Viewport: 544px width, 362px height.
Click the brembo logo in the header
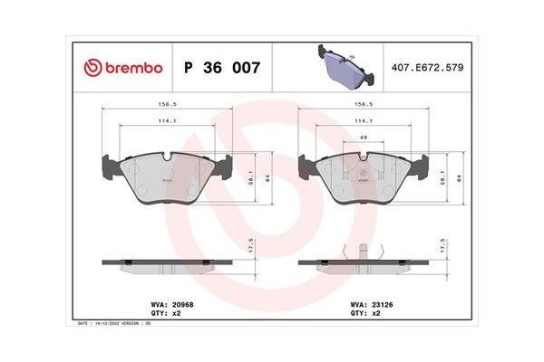pyautogui.click(x=122, y=68)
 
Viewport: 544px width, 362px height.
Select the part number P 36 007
pyautogui.click(x=222, y=68)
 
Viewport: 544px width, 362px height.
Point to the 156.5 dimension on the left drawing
pyautogui.click(x=167, y=103)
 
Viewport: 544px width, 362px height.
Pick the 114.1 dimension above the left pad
pyautogui.click(x=167, y=120)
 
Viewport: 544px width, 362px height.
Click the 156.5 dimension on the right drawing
pyautogui.click(x=363, y=103)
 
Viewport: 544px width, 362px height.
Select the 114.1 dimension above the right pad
pyautogui.click(x=363, y=120)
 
